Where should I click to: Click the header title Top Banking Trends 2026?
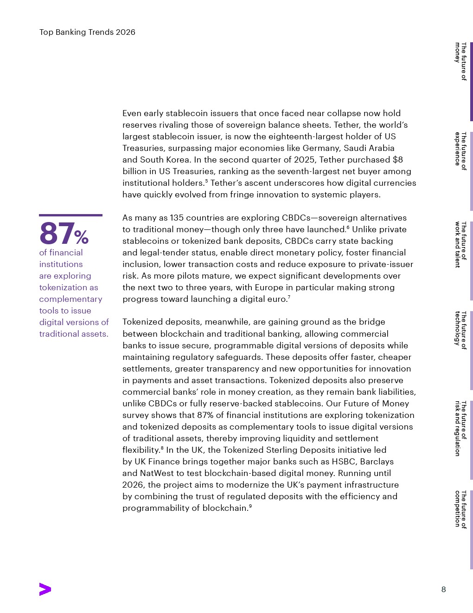click(x=87, y=32)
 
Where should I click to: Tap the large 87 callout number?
click(x=57, y=233)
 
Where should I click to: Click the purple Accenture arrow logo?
click(x=45, y=589)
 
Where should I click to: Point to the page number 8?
click(x=443, y=589)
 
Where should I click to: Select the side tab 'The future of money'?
click(x=460, y=61)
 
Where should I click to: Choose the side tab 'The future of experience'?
click(x=460, y=151)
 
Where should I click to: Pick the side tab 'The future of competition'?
click(x=460, y=509)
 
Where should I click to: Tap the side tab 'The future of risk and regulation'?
click(x=460, y=429)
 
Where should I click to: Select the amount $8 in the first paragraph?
click(x=397, y=160)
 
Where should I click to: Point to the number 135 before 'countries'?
click(x=177, y=218)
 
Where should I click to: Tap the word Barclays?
click(x=375, y=462)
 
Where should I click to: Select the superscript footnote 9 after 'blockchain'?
click(x=250, y=506)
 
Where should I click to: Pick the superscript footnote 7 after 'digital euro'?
click(x=289, y=297)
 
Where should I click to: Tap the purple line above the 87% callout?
click(x=70, y=215)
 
